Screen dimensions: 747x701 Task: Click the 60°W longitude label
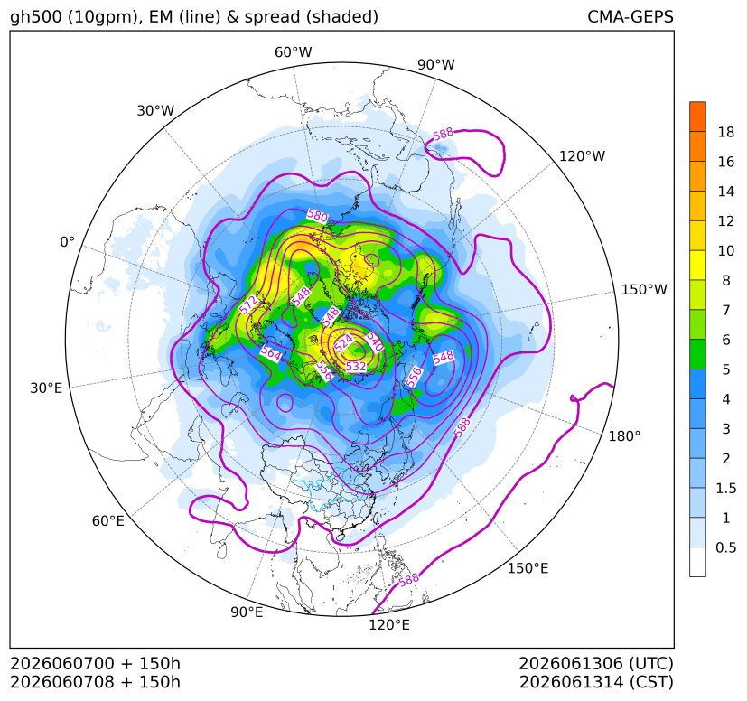pyautogui.click(x=293, y=52)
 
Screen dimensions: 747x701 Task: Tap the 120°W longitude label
pyautogui.click(x=582, y=156)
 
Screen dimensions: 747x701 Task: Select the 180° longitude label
pyautogui.click(x=624, y=436)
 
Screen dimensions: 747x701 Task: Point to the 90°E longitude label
pyautogui.click(x=247, y=612)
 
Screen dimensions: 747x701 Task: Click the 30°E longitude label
pyautogui.click(x=46, y=388)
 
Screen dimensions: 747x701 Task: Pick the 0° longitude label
pyautogui.click(x=67, y=242)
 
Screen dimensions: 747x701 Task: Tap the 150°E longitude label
pyautogui.click(x=528, y=568)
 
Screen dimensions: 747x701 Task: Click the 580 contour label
pyautogui.click(x=317, y=216)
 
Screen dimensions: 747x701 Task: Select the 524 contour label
pyautogui.click(x=343, y=341)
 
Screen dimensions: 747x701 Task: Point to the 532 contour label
pyautogui.click(x=356, y=366)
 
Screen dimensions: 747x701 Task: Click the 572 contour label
pyautogui.click(x=248, y=304)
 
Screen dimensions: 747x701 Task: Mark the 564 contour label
pyautogui.click(x=271, y=353)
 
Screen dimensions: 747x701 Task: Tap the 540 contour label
pyautogui.click(x=375, y=341)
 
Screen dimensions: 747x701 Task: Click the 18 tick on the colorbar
pyautogui.click(x=726, y=132)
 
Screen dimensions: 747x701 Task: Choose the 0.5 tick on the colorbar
pyautogui.click(x=725, y=547)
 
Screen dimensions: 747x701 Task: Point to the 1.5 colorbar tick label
pyautogui.click(x=725, y=488)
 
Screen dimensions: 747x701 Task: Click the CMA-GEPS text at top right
pyautogui.click(x=630, y=16)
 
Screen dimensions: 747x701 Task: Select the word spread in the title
pyautogui.click(x=272, y=17)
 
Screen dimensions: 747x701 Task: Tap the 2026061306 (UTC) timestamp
pyautogui.click(x=596, y=663)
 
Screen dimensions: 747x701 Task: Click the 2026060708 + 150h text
pyautogui.click(x=95, y=682)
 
